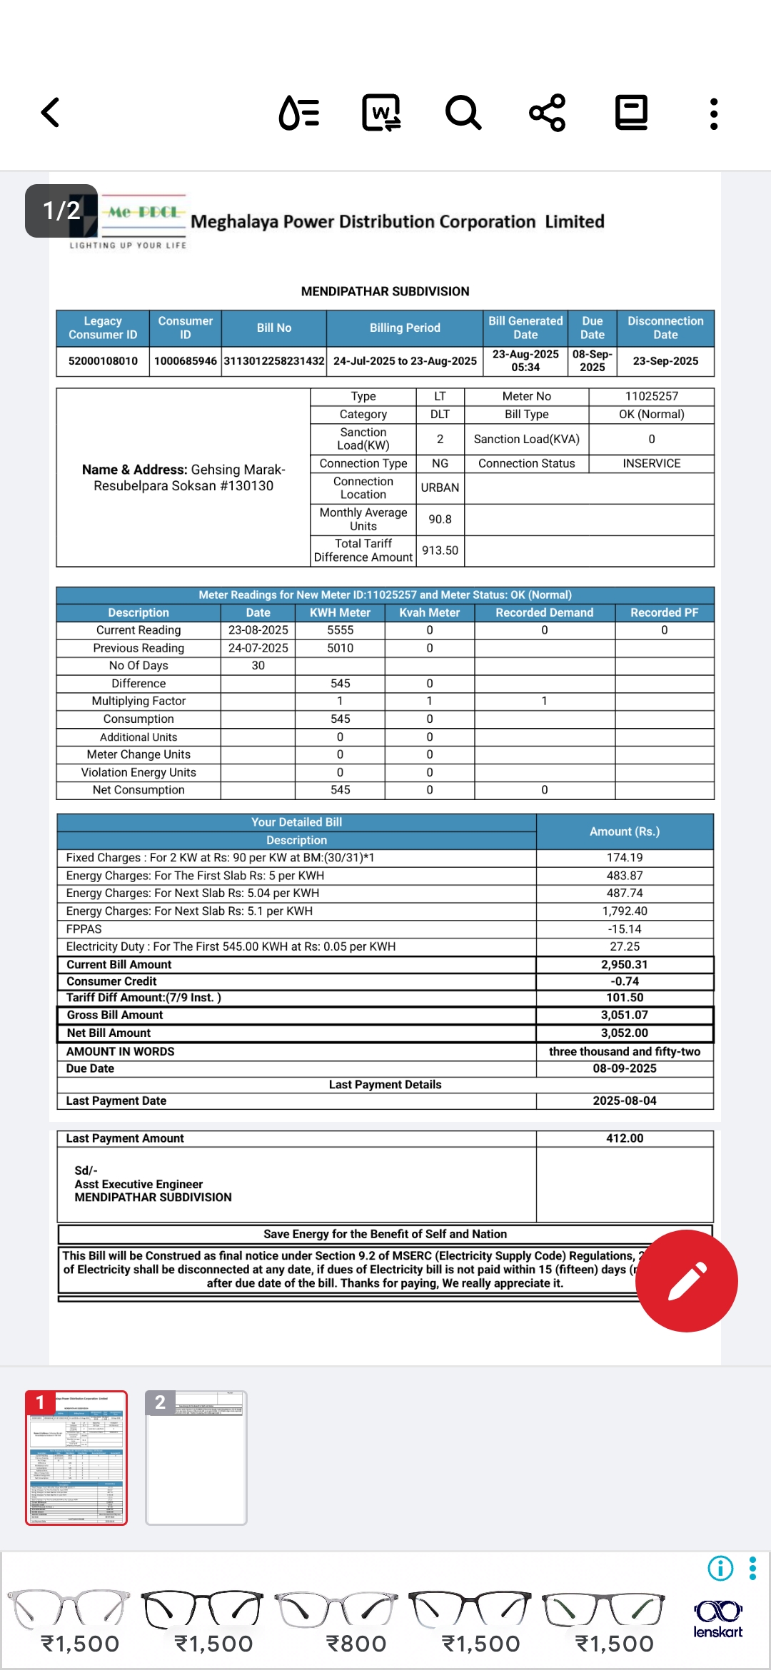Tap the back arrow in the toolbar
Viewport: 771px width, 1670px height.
pyautogui.click(x=51, y=113)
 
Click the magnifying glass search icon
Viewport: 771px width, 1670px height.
pyautogui.click(x=463, y=113)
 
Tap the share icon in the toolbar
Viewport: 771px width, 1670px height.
pyautogui.click(x=548, y=113)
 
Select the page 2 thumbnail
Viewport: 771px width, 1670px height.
pyautogui.click(x=196, y=1457)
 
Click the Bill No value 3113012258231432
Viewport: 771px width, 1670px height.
pyautogui.click(x=274, y=361)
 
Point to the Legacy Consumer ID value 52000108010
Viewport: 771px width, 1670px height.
pyautogui.click(x=103, y=361)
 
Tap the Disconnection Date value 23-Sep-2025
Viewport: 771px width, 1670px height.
pyautogui.click(x=665, y=361)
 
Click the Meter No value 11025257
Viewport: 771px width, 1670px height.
pyautogui.click(x=651, y=396)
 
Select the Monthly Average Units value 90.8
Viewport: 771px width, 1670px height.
pyautogui.click(x=440, y=520)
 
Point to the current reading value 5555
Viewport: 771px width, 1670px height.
pyautogui.click(x=340, y=630)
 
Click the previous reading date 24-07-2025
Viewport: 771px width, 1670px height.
pyautogui.click(x=258, y=648)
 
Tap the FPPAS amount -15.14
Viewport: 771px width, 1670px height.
pyautogui.click(x=625, y=929)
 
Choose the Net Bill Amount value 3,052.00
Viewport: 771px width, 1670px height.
pyautogui.click(x=625, y=1033)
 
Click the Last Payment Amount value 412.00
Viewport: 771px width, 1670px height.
pyautogui.click(x=625, y=1138)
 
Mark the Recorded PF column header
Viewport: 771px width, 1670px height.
pyautogui.click(x=664, y=612)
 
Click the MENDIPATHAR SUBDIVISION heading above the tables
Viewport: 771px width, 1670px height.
pyautogui.click(x=385, y=291)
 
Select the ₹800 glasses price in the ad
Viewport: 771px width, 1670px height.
pyautogui.click(x=356, y=1644)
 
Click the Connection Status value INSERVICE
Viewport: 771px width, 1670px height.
pyautogui.click(x=651, y=463)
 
